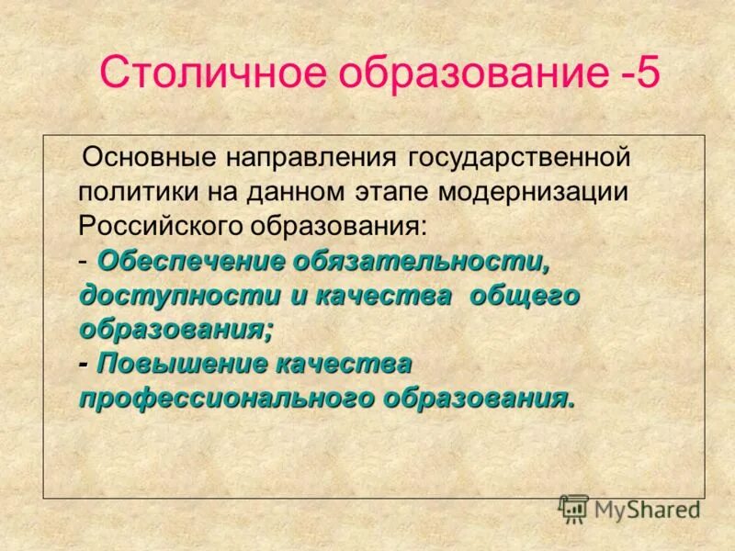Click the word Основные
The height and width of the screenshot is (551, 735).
(x=141, y=156)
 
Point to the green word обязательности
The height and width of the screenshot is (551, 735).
(x=422, y=261)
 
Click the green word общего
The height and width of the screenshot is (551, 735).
(x=525, y=296)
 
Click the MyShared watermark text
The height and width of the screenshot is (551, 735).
(x=647, y=508)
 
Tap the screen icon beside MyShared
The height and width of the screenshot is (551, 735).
(x=573, y=508)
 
